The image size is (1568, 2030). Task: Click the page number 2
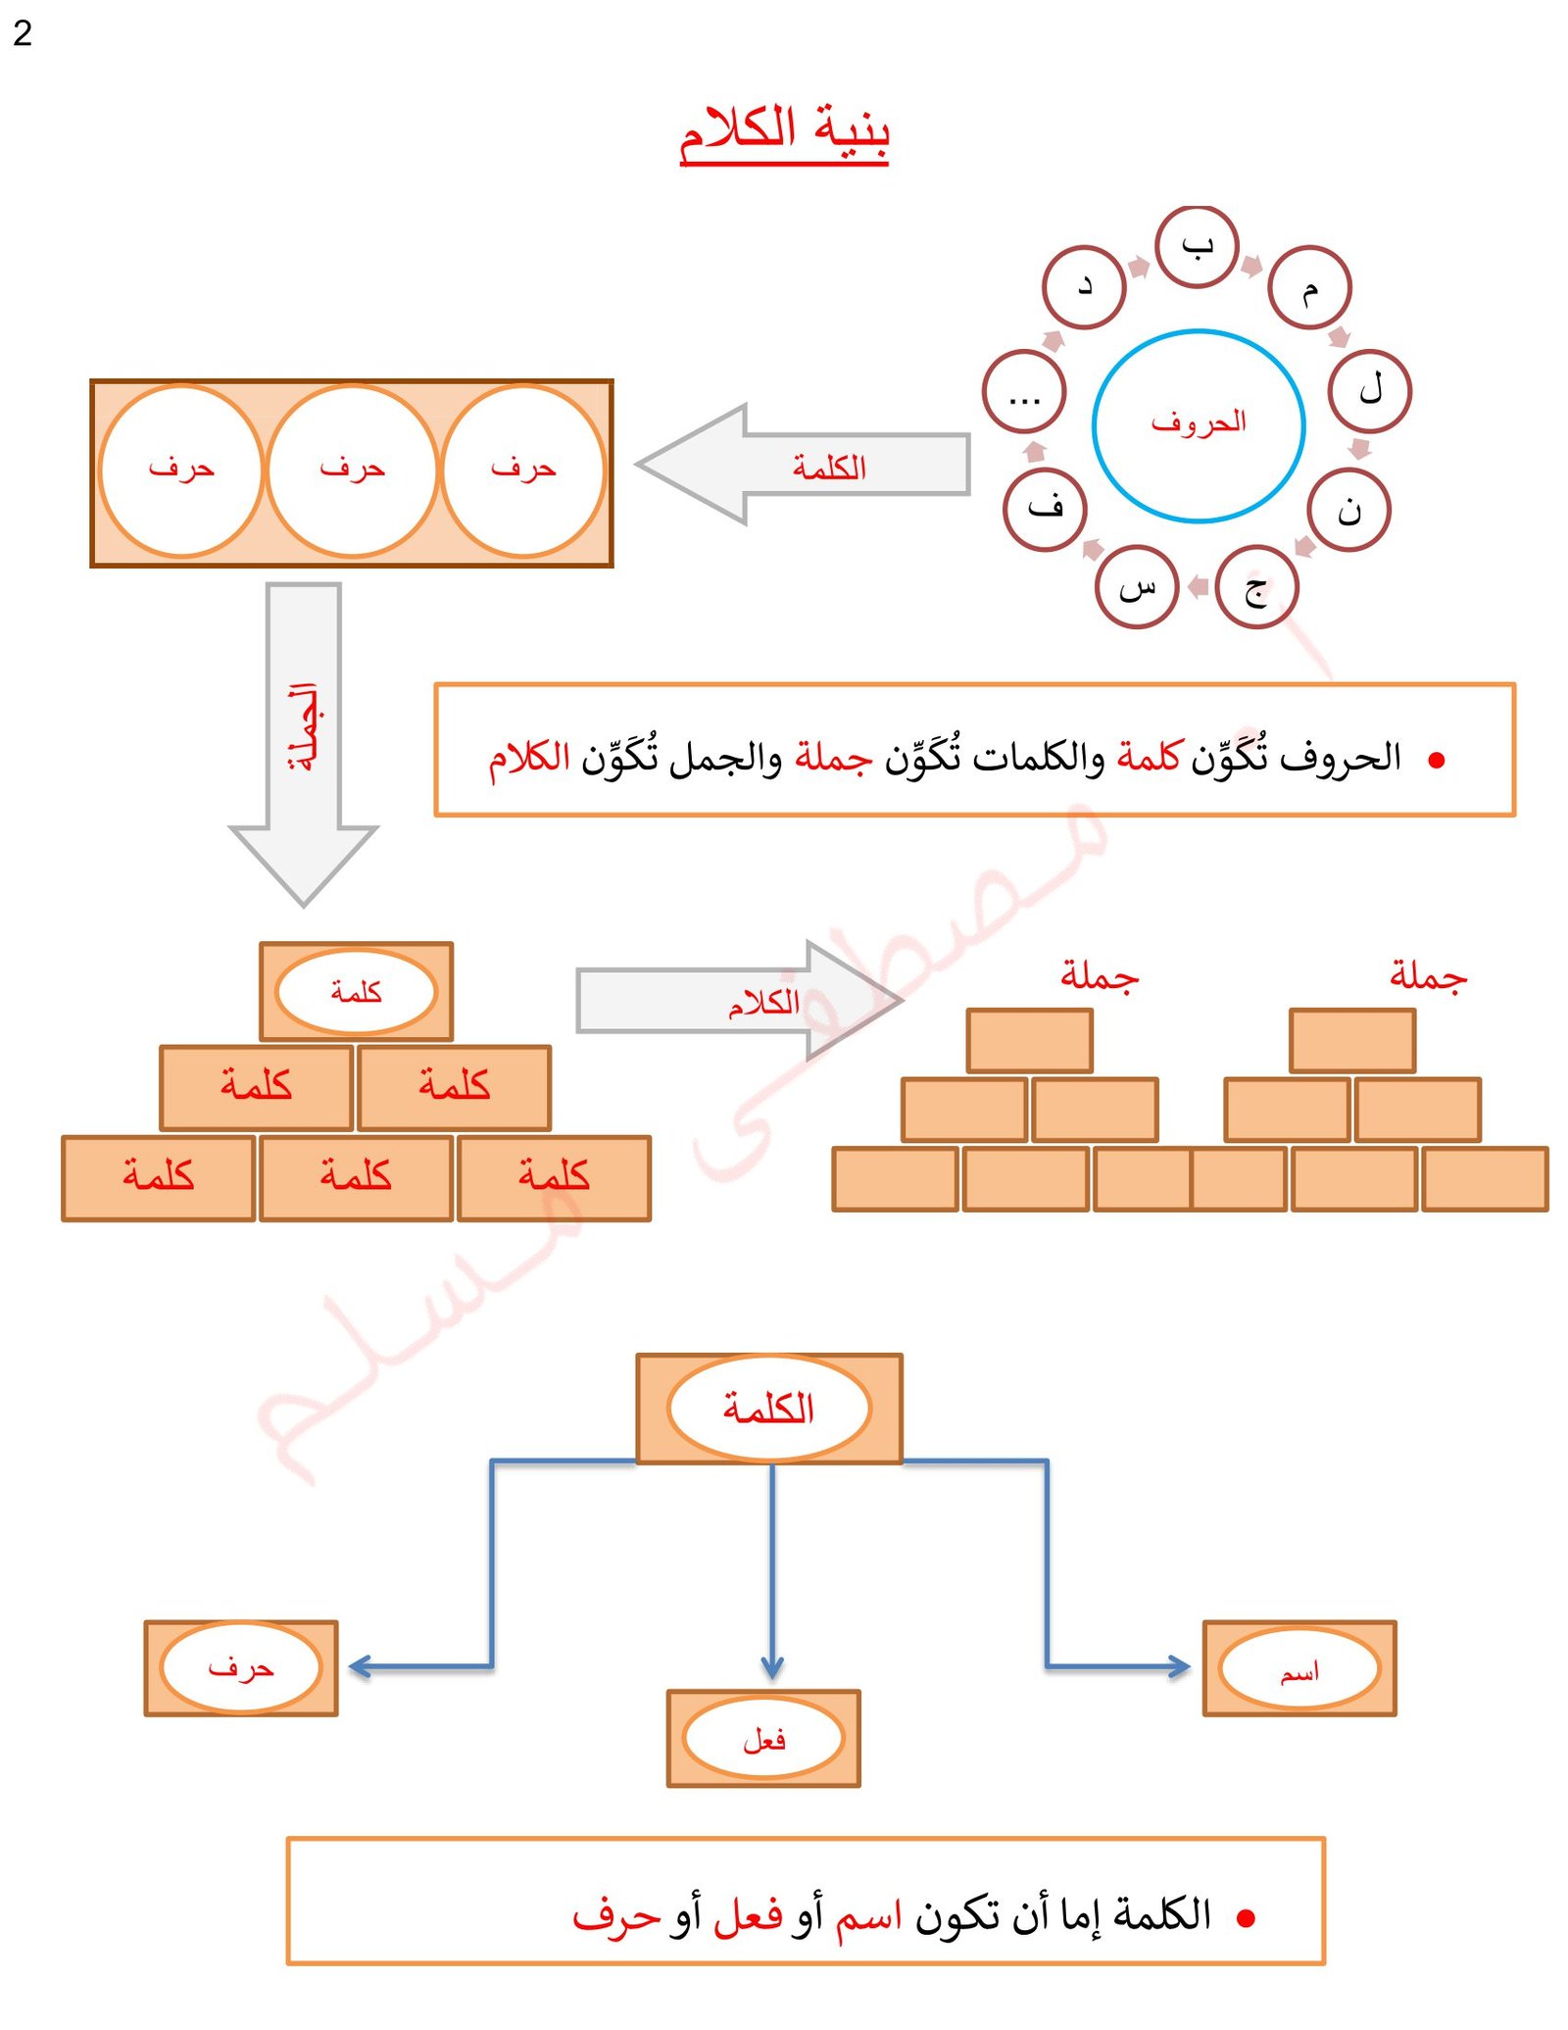point(23,33)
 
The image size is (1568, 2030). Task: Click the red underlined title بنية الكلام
point(783,131)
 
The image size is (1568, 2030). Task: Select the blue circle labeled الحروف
point(1198,424)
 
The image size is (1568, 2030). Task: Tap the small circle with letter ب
point(1197,246)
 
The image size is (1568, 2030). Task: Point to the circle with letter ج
point(1255,587)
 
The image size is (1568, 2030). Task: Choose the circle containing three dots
point(1024,392)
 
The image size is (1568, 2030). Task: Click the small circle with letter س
point(1136,586)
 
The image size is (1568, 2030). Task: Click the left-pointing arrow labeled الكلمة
point(804,465)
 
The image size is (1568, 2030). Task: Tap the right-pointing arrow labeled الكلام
point(741,1001)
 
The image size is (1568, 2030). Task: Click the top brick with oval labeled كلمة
point(356,991)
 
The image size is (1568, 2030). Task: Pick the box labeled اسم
point(1298,1668)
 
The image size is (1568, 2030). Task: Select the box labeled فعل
point(763,1738)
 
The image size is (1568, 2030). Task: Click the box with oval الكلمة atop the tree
point(768,1409)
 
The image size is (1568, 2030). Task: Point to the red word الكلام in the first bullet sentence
point(529,757)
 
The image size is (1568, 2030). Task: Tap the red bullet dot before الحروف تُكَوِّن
point(1437,760)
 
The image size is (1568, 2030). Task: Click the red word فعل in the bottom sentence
point(747,1915)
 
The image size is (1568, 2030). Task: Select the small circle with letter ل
point(1369,391)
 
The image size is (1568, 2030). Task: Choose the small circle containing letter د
point(1084,287)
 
